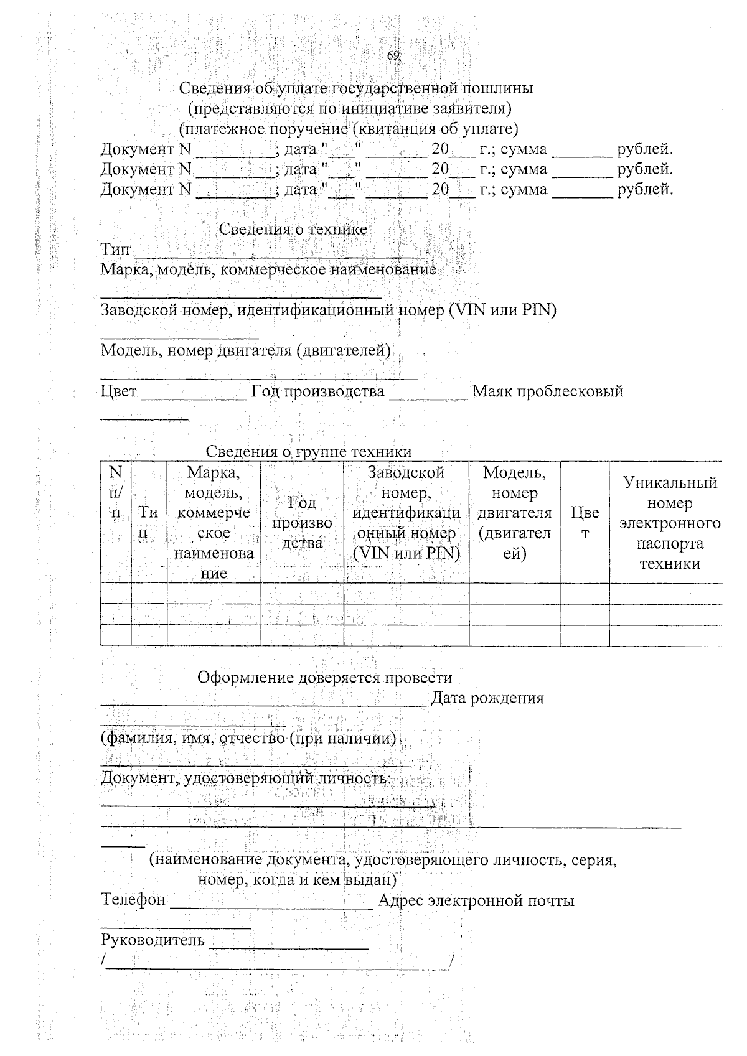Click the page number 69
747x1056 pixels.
(393, 56)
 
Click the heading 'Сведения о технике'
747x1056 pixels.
(293, 229)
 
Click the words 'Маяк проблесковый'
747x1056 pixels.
(548, 391)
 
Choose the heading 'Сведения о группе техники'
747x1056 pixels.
(309, 451)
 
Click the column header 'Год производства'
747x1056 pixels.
(302, 523)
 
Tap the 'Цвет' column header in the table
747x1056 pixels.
(585, 523)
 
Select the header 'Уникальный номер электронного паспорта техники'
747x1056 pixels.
(670, 523)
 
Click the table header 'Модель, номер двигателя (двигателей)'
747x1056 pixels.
(514, 513)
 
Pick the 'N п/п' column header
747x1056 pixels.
(116, 493)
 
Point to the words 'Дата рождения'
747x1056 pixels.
(487, 698)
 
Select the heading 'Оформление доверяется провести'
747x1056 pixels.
(324, 678)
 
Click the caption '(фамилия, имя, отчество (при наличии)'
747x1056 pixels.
(249, 739)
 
